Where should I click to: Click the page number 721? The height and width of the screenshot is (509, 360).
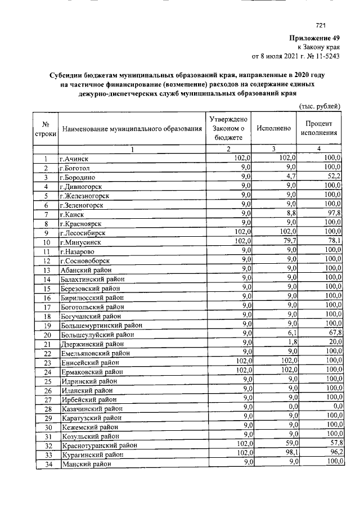[321, 25]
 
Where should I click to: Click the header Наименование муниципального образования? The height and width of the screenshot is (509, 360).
[132, 129]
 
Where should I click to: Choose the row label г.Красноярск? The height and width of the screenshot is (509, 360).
[82, 223]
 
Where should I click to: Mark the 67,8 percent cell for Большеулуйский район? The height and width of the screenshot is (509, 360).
[333, 333]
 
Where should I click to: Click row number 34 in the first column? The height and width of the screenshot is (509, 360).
[48, 464]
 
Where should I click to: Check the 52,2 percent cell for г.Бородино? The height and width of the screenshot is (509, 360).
[333, 177]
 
